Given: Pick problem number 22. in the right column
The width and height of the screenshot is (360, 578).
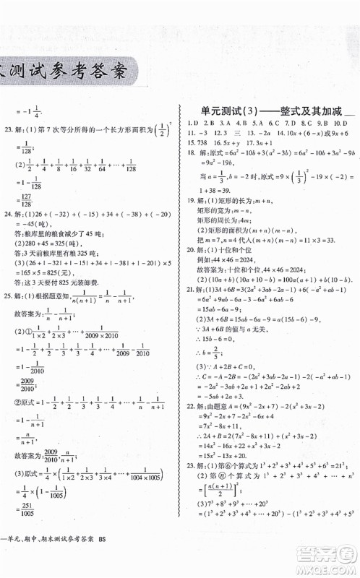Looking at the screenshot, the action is click(x=192, y=407).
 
